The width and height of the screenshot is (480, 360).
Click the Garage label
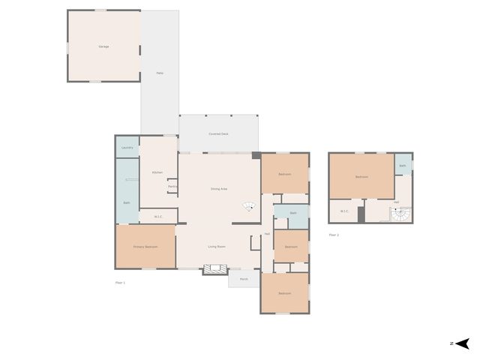pyautogui.click(x=103, y=46)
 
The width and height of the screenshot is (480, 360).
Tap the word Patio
pyautogui.click(x=160, y=73)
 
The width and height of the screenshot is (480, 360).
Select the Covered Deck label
pyautogui.click(x=218, y=133)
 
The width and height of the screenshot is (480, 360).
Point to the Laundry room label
pyautogui.click(x=127, y=147)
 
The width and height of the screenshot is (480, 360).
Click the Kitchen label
pyautogui.click(x=157, y=172)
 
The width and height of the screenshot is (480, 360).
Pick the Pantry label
pyautogui.click(x=172, y=186)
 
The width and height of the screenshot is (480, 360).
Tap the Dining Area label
pyautogui.click(x=219, y=188)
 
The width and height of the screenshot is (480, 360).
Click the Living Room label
pyautogui.click(x=217, y=246)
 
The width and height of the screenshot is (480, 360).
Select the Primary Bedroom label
pyautogui.click(x=145, y=246)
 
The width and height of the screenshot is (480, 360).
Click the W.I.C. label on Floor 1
pyautogui.click(x=159, y=217)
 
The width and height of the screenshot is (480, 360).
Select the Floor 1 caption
pyautogui.click(x=120, y=282)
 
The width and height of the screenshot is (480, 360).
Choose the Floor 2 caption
pyautogui.click(x=334, y=235)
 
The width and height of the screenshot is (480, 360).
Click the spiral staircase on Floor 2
pyautogui.click(x=402, y=215)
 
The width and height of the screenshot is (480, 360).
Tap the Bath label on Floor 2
pyautogui.click(x=403, y=166)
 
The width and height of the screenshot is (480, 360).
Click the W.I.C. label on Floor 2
pyautogui.click(x=345, y=211)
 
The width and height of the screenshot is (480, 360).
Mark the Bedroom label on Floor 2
pyautogui.click(x=361, y=177)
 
